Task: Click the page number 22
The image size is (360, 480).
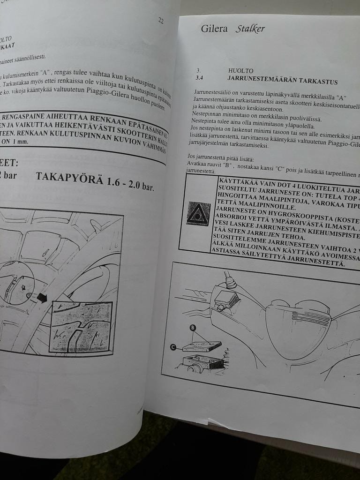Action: click(x=161, y=21)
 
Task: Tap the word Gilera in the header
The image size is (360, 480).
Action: click(x=214, y=29)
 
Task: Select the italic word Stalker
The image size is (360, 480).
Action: click(x=250, y=29)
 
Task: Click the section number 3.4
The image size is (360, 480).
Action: click(x=199, y=78)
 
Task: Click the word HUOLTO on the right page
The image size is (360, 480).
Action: click(x=240, y=71)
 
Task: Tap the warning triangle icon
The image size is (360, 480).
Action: click(x=198, y=214)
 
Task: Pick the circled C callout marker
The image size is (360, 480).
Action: click(x=173, y=347)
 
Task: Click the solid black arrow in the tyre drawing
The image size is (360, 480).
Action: click(x=42, y=297)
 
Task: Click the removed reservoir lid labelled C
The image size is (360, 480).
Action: click(x=202, y=346)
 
